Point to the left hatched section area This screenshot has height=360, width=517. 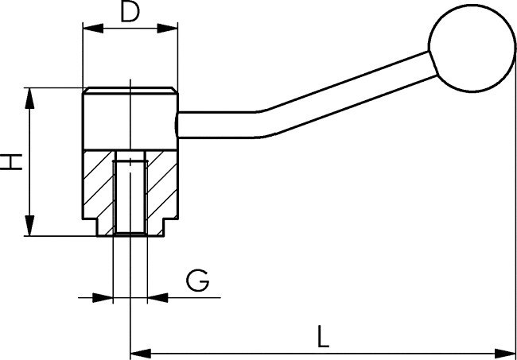tap(99, 187)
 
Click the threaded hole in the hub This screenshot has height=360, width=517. tap(129, 195)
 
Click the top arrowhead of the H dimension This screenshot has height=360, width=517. tap(29, 94)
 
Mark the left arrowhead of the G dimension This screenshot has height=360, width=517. tap(106, 298)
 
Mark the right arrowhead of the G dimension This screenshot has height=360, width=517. tap(153, 298)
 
